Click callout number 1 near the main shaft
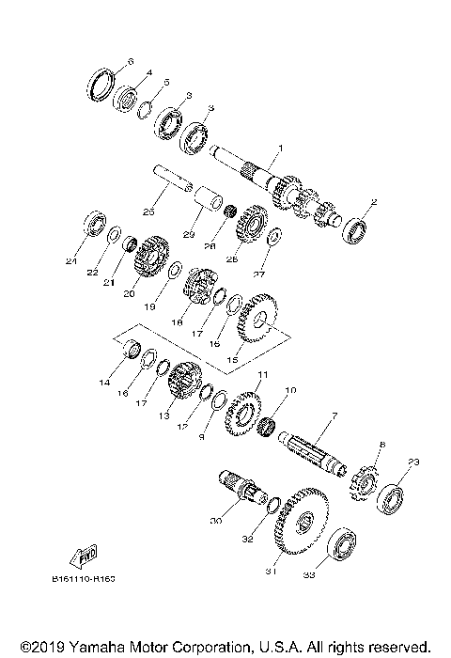pos(279,149)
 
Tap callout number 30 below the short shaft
pos(215,523)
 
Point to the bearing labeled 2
pos(352,227)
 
